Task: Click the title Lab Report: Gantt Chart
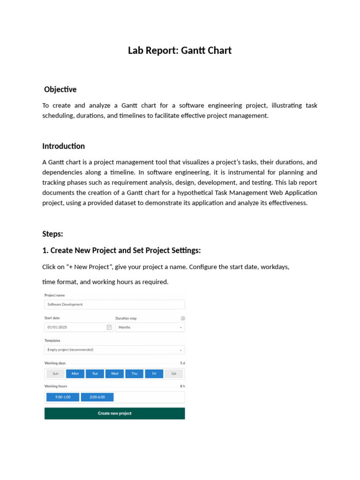click(180, 51)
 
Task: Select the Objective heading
click(60, 89)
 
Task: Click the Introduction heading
click(63, 146)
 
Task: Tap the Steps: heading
click(52, 234)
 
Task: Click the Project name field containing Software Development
click(114, 305)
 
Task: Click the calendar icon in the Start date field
click(109, 327)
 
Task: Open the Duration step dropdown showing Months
click(150, 327)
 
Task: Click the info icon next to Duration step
click(182, 318)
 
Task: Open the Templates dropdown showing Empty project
click(114, 350)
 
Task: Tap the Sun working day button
click(55, 374)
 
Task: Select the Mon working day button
click(75, 374)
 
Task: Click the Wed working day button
click(114, 374)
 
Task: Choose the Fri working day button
click(154, 374)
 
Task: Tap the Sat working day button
click(173, 374)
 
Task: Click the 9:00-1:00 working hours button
click(62, 397)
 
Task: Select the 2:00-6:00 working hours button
click(97, 397)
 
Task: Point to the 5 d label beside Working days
click(182, 363)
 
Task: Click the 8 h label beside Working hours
click(182, 386)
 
